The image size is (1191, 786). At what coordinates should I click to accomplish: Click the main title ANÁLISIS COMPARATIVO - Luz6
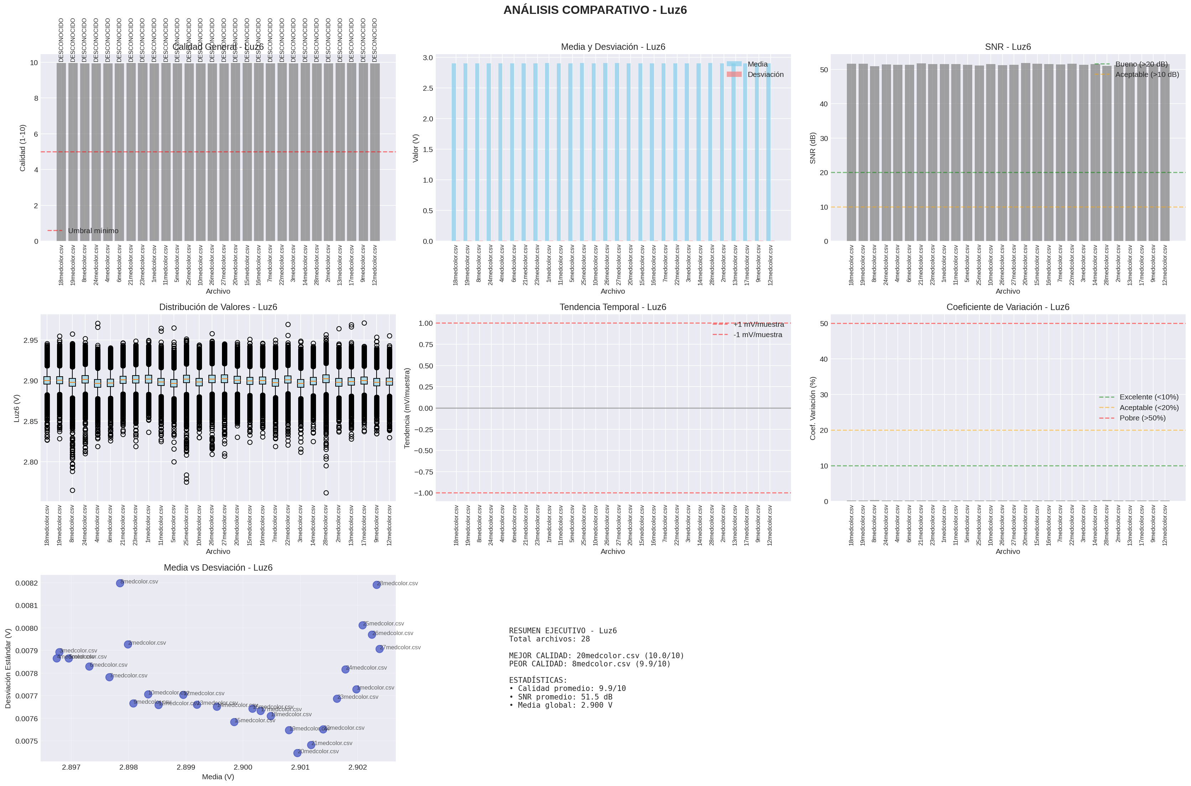(595, 10)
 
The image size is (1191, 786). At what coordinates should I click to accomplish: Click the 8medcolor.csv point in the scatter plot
(120, 583)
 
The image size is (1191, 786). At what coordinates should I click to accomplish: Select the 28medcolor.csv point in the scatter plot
(377, 585)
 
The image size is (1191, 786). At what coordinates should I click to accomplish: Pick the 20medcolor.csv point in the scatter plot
(297, 753)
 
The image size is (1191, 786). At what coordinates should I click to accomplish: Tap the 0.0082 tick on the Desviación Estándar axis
(26, 583)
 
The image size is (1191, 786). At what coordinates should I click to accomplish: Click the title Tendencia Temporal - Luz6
(612, 307)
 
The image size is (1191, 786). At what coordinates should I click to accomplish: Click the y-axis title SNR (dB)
(813, 148)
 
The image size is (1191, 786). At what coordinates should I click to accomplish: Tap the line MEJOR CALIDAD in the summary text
(596, 656)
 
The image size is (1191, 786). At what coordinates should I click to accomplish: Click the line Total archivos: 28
(549, 639)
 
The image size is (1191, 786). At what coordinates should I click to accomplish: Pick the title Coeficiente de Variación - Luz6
(1008, 307)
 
